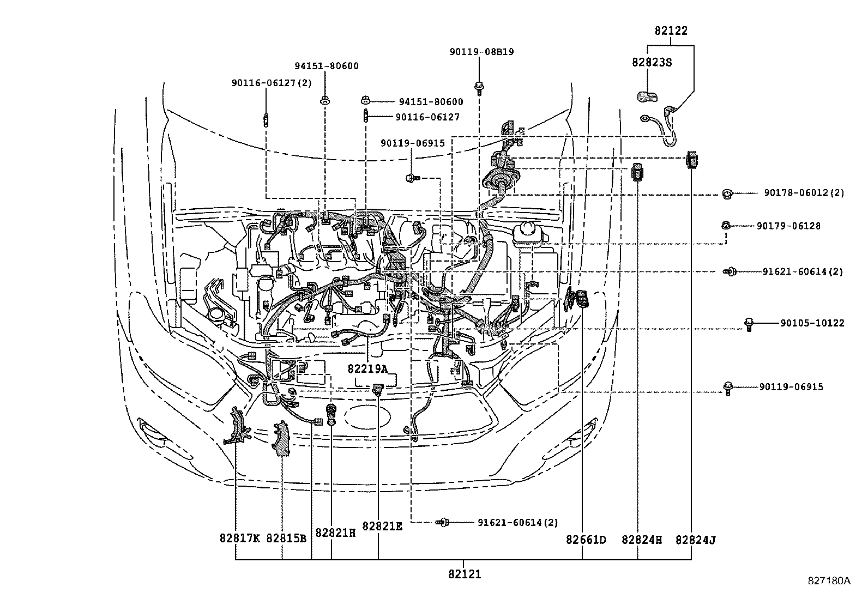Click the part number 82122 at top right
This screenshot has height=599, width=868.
[671, 31]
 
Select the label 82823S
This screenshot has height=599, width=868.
[652, 62]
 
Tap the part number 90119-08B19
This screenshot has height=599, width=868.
[481, 52]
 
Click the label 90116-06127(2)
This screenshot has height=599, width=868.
[272, 83]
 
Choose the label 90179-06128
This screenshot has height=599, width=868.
[788, 226]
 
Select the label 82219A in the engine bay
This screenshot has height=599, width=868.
[367, 369]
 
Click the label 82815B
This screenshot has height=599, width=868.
[286, 539]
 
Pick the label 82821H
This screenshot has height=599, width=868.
[335, 533]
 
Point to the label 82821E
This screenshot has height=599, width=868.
[382, 527]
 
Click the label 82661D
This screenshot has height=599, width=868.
[586, 540]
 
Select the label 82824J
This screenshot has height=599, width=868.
[695, 540]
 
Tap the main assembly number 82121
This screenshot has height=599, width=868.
[465, 574]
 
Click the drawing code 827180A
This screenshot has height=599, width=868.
[829, 580]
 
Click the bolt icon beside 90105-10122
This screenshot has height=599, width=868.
[749, 325]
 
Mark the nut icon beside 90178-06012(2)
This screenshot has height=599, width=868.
[726, 193]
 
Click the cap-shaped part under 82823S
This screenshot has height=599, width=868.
[647, 97]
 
